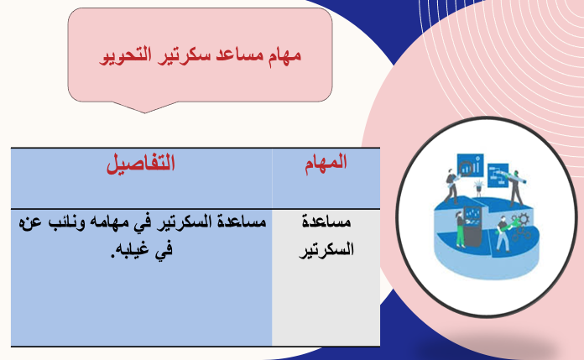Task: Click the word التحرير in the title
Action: [x=126, y=55]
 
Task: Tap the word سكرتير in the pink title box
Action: [x=184, y=55]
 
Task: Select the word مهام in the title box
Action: [x=284, y=55]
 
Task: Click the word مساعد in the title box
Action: [x=240, y=55]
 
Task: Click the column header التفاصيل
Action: [x=141, y=164]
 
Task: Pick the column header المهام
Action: [x=326, y=163]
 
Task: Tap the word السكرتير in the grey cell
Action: [x=326, y=249]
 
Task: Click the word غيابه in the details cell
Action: [x=133, y=249]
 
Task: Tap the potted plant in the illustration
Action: [x=479, y=186]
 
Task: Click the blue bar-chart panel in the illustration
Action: [x=470, y=165]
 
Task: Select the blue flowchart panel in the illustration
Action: [x=498, y=175]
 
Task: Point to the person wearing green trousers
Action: [x=460, y=229]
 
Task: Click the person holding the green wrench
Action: [x=503, y=234]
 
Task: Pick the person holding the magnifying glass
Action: [x=451, y=186]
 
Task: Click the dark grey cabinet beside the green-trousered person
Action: [x=472, y=227]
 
